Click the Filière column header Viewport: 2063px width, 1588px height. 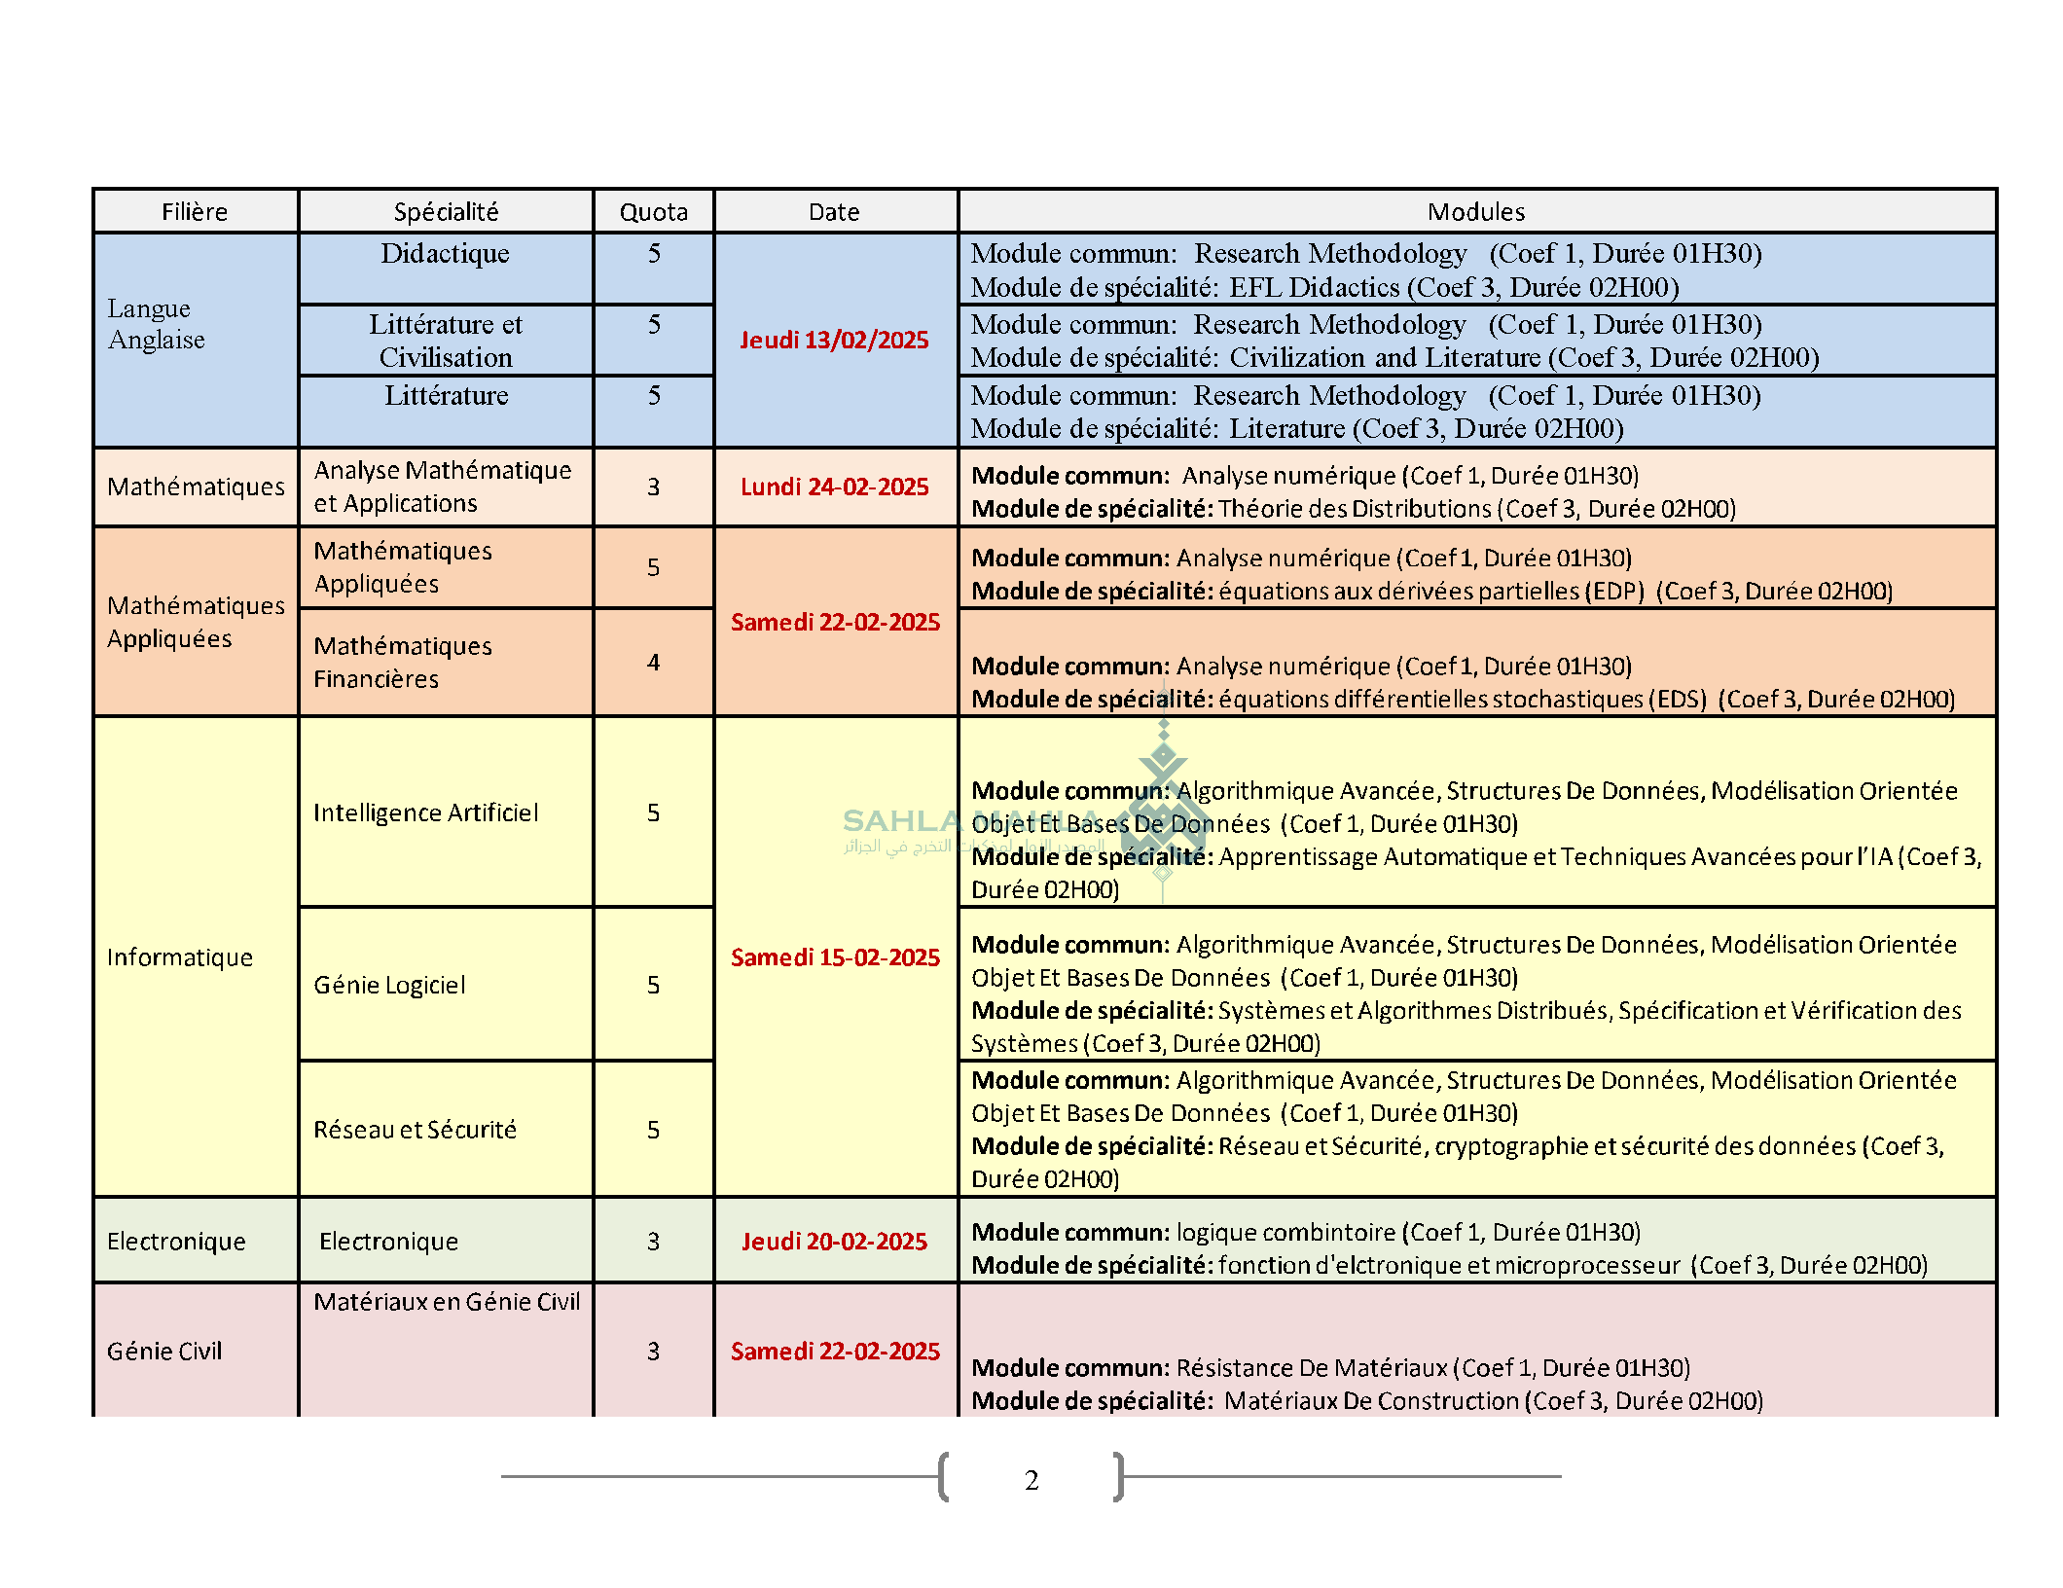tap(195, 212)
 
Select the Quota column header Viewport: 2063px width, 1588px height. tap(653, 212)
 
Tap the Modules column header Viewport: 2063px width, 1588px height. tap(1475, 212)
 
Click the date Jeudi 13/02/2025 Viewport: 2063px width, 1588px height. tap(834, 340)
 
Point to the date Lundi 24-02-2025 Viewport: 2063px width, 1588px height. tap(834, 487)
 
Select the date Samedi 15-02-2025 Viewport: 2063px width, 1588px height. tap(835, 957)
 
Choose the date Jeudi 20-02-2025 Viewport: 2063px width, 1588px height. tap(834, 1242)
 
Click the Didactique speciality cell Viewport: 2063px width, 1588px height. tap(445, 254)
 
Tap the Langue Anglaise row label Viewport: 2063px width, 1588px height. tap(156, 324)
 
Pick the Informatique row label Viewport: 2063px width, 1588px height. tap(179, 957)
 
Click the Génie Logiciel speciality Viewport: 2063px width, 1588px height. tap(389, 985)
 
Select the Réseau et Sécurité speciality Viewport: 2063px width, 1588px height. tap(415, 1130)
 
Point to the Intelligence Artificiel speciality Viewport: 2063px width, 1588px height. tap(425, 812)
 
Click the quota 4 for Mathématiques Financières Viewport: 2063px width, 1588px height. tap(653, 663)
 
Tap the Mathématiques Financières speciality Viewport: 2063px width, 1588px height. tap(402, 663)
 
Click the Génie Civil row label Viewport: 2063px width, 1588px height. tap(164, 1352)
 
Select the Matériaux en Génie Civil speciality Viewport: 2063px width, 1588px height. tap(446, 1302)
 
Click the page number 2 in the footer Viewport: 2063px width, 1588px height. tap(1031, 1480)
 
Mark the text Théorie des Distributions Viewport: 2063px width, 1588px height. tap(1354, 509)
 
